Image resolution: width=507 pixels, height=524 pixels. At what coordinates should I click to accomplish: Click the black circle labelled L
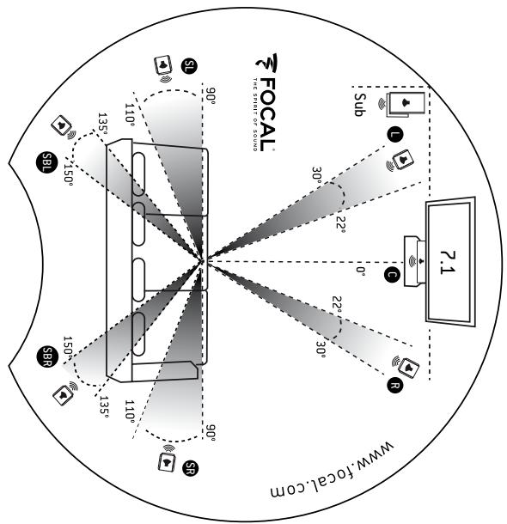coord(394,135)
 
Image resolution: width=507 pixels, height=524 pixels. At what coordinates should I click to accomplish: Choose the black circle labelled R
coord(394,387)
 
